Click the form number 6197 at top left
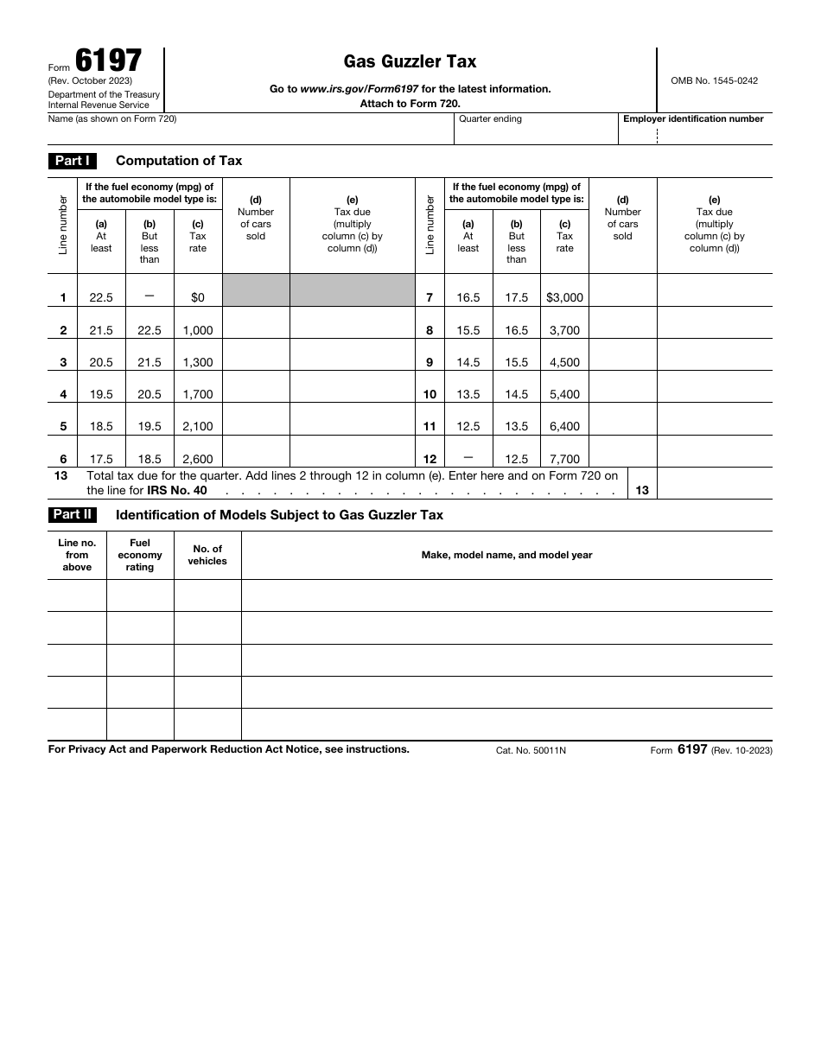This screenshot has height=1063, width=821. coord(108,61)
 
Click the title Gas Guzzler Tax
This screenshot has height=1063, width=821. coord(410,61)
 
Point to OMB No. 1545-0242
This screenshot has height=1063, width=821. coord(714,80)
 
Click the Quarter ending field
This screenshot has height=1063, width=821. coord(536,132)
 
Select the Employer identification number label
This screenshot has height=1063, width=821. coord(693,119)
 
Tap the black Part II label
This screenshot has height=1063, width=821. coord(72,515)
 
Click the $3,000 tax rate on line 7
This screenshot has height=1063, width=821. coord(564,297)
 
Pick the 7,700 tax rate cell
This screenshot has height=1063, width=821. coord(564,459)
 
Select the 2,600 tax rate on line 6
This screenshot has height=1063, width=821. coord(198,459)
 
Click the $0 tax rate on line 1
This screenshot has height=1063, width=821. coord(198,297)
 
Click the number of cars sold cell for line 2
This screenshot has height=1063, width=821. coord(256,323)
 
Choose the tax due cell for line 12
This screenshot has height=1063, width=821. coord(714,452)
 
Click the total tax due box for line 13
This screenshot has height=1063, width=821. coord(714,484)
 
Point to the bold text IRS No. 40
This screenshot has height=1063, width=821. coord(177,491)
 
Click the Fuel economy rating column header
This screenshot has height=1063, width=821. coord(140,555)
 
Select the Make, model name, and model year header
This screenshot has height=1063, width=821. coord(506,555)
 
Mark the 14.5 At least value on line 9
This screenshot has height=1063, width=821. coord(468,362)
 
